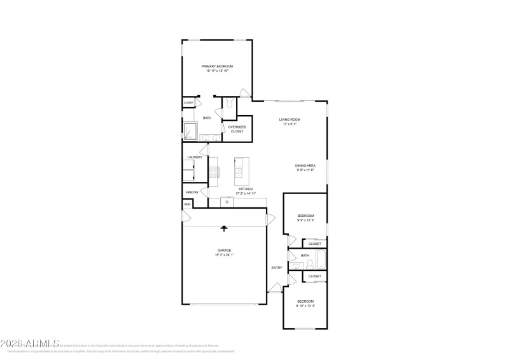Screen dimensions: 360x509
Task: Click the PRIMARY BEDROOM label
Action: (217, 66)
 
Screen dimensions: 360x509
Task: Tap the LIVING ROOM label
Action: (291, 120)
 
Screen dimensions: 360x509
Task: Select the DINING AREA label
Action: (305, 165)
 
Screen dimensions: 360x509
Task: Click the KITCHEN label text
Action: (246, 189)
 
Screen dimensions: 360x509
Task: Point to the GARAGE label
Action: (224, 251)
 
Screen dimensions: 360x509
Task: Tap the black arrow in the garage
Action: (224, 228)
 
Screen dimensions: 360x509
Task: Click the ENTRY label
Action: (277, 268)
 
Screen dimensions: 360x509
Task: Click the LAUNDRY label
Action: (195, 157)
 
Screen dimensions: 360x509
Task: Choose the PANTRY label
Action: (192, 191)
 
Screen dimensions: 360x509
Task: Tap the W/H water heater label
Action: (187, 204)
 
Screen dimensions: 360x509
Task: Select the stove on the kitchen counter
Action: (214, 171)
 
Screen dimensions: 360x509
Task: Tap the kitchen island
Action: (240, 170)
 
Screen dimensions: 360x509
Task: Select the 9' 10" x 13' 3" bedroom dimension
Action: (305, 306)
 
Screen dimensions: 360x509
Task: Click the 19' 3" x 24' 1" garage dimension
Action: (224, 255)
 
